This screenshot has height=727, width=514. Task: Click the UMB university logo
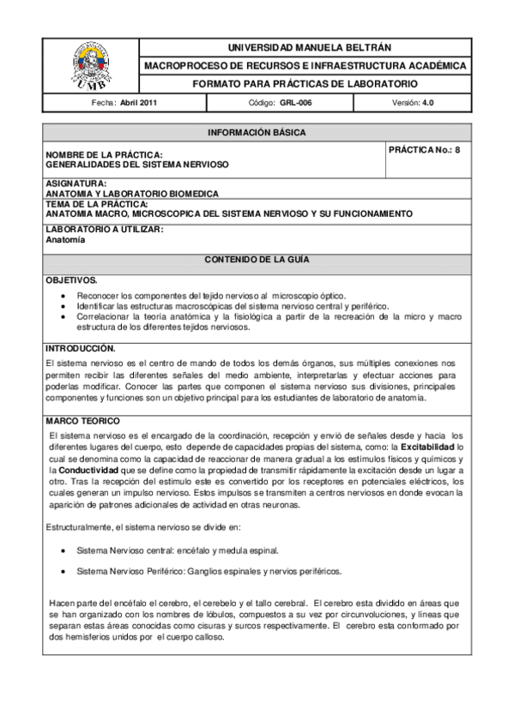tap(90, 65)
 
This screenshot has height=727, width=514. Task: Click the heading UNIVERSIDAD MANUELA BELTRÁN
tap(305, 47)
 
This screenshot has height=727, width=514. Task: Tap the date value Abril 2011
tap(138, 102)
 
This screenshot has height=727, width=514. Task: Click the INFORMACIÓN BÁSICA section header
tap(257, 133)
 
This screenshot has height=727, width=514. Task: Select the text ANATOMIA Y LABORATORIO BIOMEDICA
tap(132, 194)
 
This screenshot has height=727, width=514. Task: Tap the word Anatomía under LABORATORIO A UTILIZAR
tap(65, 240)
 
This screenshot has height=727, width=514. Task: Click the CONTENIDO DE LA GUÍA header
tap(257, 259)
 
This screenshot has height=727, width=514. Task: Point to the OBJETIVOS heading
tap(71, 280)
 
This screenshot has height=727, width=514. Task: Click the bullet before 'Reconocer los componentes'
tap(64, 296)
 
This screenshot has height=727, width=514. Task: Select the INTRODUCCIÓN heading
tap(80, 349)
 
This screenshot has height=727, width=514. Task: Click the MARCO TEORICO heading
tap(82, 421)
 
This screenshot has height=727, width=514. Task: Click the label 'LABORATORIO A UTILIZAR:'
tap(104, 230)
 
